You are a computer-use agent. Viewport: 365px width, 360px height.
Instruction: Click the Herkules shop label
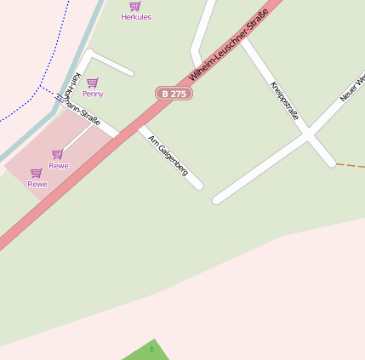click(x=136, y=17)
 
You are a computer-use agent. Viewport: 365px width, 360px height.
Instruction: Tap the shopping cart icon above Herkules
click(x=135, y=6)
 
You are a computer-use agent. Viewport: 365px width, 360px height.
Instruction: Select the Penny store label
click(x=93, y=94)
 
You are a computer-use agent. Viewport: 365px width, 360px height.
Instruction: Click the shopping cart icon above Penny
click(x=93, y=83)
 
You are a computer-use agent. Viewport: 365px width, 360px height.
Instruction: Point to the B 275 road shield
click(x=174, y=94)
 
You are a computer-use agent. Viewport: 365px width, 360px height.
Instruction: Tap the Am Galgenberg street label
click(x=168, y=155)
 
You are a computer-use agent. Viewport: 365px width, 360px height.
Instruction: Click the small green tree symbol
click(x=152, y=348)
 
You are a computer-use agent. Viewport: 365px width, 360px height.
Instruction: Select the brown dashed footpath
click(x=350, y=165)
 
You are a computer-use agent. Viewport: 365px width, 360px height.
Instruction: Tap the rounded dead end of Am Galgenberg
click(x=198, y=184)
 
